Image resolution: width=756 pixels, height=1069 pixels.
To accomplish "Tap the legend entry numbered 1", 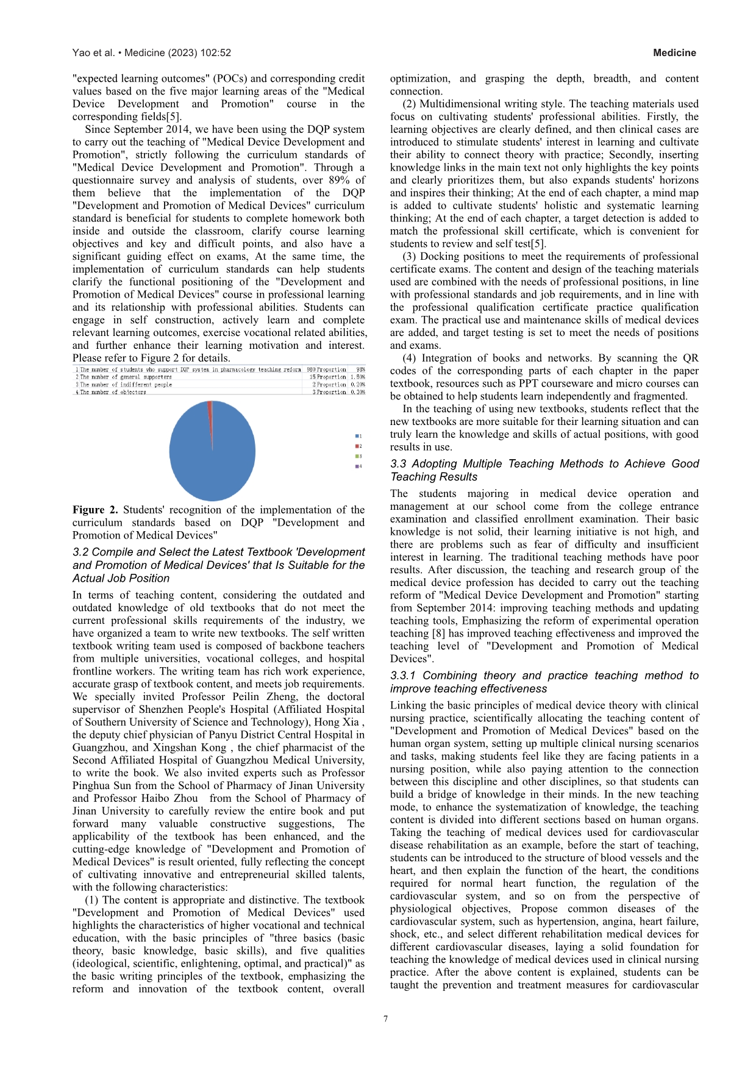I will pos(358,436).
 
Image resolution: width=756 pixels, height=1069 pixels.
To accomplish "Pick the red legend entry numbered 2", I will pos(358,446).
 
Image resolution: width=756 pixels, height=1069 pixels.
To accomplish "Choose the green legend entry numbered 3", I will pos(358,456).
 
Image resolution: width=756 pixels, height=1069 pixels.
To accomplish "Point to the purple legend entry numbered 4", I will pos(358,467).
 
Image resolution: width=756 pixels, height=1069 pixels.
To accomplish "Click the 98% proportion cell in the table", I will pos(360,370).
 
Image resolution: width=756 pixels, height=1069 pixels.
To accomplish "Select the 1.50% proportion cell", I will pos(358,377).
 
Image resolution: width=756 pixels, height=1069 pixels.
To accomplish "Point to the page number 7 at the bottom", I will pos(386,1018).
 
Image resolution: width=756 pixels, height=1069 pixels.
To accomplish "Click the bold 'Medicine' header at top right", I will pos(674,53).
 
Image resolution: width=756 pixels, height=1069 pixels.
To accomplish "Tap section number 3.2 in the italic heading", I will pos(80,552).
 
